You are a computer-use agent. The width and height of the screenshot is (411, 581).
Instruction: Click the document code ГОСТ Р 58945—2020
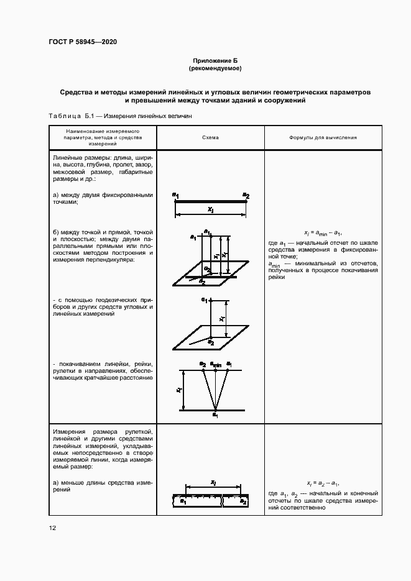pyautogui.click(x=83, y=42)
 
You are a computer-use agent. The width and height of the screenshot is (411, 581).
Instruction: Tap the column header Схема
pyautogui.click(x=210, y=137)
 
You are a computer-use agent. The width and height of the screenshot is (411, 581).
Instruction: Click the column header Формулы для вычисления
pyautogui.click(x=323, y=137)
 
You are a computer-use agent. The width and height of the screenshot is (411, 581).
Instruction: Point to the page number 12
pyautogui.click(x=52, y=528)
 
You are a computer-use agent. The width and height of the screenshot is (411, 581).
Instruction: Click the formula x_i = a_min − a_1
pyautogui.click(x=323, y=230)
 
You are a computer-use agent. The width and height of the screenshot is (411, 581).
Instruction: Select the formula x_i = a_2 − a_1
pyautogui.click(x=323, y=483)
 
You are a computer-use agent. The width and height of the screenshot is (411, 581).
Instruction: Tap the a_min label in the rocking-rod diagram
pyautogui.click(x=215, y=364)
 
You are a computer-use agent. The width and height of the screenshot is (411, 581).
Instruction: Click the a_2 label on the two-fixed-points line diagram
pyautogui.click(x=246, y=196)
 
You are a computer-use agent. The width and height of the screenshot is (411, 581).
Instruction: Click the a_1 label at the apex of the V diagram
pyautogui.click(x=215, y=414)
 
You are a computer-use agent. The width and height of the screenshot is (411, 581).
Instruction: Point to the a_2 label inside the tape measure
pyautogui.click(x=243, y=501)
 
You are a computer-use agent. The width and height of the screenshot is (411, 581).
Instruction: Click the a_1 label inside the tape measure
pyautogui.click(x=183, y=500)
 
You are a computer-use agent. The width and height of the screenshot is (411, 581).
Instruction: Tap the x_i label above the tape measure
pyautogui.click(x=213, y=482)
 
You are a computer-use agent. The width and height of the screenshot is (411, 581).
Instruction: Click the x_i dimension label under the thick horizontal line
pyautogui.click(x=210, y=210)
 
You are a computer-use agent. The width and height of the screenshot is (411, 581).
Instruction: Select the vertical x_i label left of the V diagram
pyautogui.click(x=178, y=390)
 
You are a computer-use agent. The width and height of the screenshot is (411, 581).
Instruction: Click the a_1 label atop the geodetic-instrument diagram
pyautogui.click(x=203, y=300)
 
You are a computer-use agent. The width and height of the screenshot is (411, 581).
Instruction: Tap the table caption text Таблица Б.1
pyautogui.click(x=70, y=116)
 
